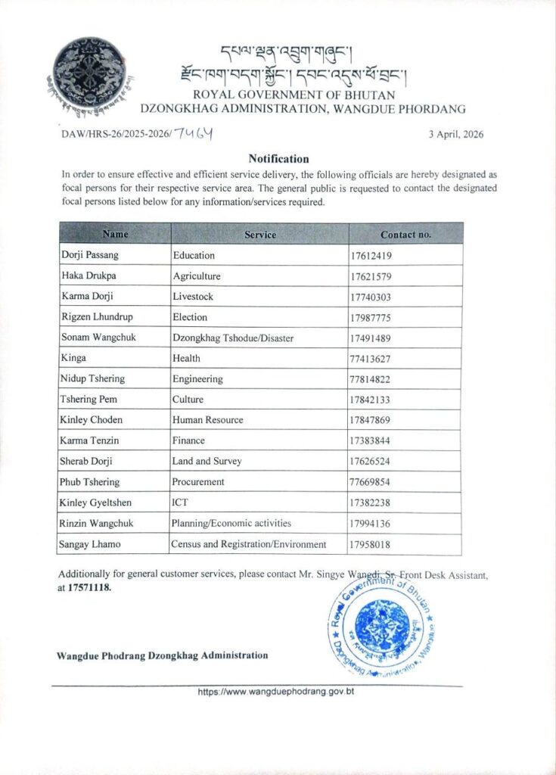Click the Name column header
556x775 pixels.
point(115,234)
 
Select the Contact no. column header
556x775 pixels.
point(405,235)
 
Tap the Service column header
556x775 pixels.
point(260,235)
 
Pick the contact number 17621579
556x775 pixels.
point(371,276)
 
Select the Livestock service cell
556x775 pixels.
point(193,297)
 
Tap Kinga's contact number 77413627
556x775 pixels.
point(371,358)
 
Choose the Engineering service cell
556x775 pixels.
point(197,378)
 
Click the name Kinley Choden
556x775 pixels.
point(90,419)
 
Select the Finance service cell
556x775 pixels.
point(190,440)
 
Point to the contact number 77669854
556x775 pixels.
point(371,481)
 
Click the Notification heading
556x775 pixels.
point(278,159)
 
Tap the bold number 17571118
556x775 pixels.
point(89,587)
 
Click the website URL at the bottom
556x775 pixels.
point(276,692)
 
